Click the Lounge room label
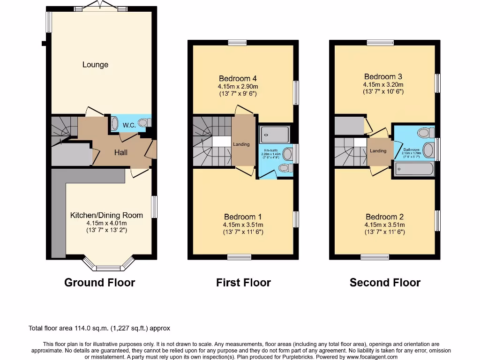click(95, 65)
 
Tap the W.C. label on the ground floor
click(129, 125)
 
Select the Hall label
click(121, 152)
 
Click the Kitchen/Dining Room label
click(106, 215)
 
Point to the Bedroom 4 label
click(238, 78)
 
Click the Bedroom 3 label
click(383, 76)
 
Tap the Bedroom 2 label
click(384, 217)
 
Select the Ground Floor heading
click(99, 283)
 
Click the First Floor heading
click(243, 283)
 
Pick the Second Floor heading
click(385, 283)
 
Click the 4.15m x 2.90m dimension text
click(238, 86)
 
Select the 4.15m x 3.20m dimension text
click(383, 84)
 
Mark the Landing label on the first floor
click(241, 144)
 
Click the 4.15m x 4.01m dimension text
click(106, 223)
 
